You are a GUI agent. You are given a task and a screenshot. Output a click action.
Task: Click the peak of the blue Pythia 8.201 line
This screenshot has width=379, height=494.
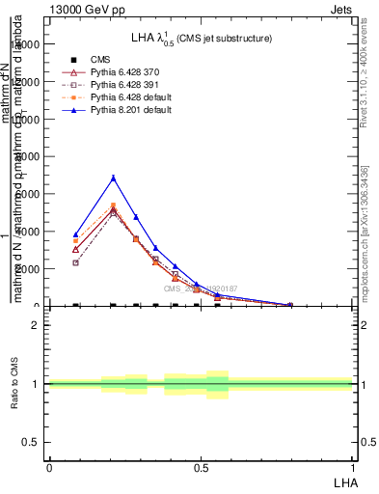114,178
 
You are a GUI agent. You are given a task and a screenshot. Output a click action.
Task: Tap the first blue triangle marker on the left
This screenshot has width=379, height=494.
76,234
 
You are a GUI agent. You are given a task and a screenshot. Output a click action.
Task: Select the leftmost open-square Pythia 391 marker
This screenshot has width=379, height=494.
76,262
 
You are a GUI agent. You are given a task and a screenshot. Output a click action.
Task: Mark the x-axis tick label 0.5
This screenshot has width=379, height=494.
201,467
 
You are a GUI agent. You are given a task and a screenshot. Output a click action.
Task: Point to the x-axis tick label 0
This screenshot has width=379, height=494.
49,467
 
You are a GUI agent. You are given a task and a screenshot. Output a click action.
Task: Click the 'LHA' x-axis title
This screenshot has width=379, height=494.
342,481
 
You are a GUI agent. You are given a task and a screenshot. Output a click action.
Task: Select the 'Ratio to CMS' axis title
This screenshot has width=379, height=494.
15,384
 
